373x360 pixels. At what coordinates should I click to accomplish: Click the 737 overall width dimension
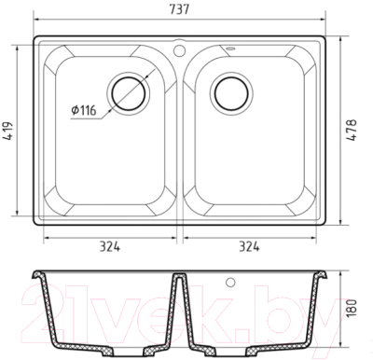point(179,9)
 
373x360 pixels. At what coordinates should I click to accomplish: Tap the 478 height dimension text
point(352,131)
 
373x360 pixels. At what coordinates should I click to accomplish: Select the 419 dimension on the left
point(8,131)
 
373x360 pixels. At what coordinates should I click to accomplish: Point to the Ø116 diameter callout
point(84,110)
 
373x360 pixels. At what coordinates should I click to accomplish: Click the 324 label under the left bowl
point(110,246)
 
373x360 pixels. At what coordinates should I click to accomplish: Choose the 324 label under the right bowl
point(249,246)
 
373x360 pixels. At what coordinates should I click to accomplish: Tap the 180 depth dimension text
point(351,308)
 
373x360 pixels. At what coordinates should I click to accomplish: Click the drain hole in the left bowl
point(128,93)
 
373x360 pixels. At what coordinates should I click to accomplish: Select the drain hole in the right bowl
point(231,93)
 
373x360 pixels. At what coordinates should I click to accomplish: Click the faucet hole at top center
point(179,49)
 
